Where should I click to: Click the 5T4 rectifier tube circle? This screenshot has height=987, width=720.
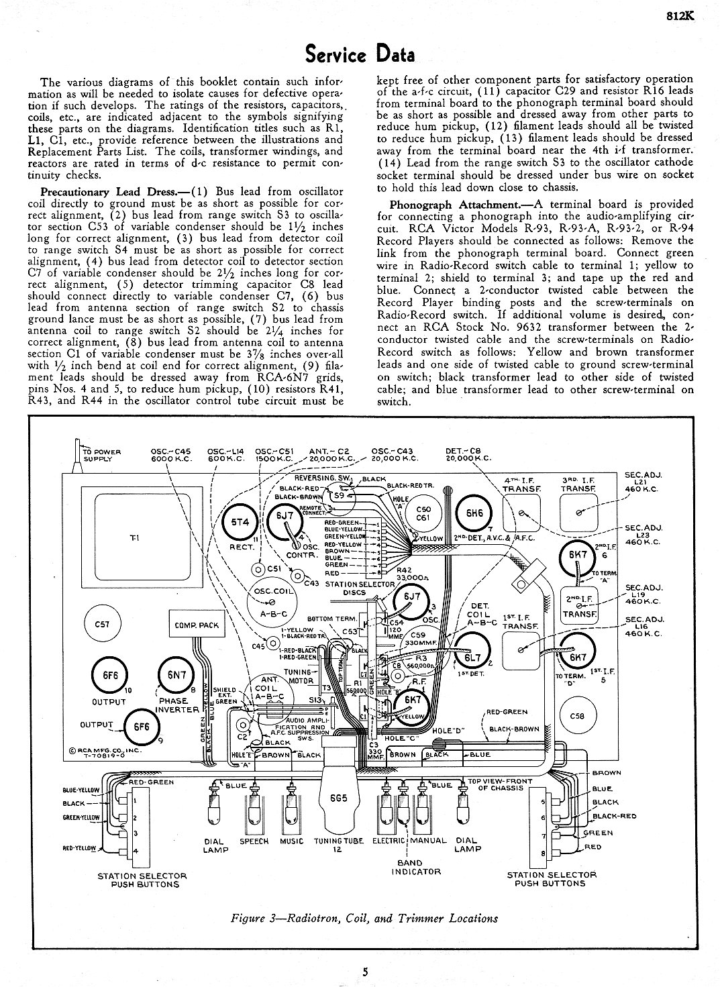pos(239,521)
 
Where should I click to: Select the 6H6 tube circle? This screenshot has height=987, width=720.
pos(474,514)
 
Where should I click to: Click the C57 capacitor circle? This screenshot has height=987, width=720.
pos(102,624)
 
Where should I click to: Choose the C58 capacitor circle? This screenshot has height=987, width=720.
pos(576,716)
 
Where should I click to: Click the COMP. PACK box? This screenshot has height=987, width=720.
pos(197,625)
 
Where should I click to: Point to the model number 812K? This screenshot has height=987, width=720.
pos(679,18)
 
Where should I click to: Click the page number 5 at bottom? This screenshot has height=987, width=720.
pos(364,971)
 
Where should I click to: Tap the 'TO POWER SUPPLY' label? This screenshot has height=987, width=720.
pos(101,456)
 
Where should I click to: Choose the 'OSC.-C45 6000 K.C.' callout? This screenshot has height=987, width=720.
pos(172,454)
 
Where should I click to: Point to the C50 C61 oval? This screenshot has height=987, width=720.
pos(423,513)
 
